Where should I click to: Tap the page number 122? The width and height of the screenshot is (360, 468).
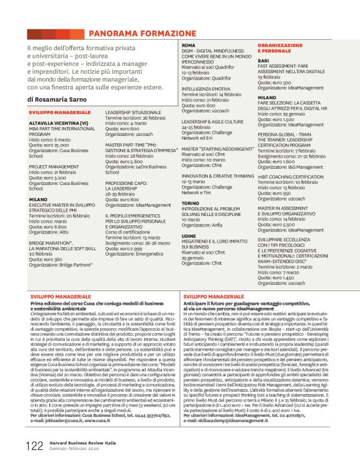click(x=34, y=445)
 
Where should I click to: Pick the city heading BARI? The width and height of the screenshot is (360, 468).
click(x=263, y=60)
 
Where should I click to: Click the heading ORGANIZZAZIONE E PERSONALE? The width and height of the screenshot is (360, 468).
click(x=280, y=48)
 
